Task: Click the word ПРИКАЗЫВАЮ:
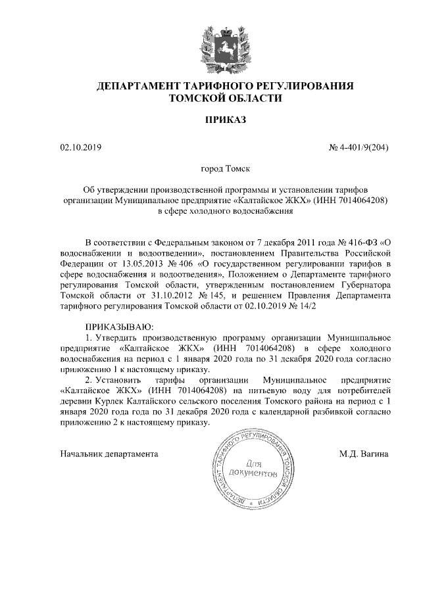pyautogui.click(x=119, y=327)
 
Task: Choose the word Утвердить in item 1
pyautogui.click(x=119, y=338)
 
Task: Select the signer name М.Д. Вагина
pyautogui.click(x=364, y=454)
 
